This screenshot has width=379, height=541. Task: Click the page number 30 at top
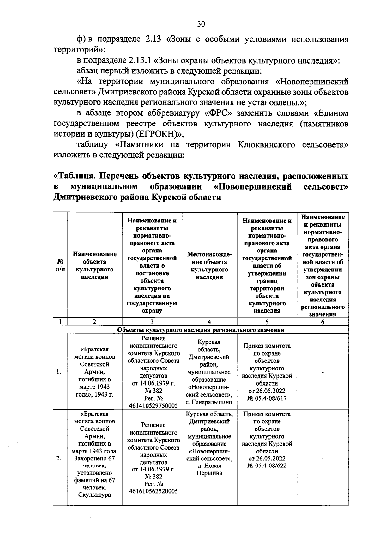coord(201,24)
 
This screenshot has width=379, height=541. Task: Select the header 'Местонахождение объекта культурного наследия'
coord(209,265)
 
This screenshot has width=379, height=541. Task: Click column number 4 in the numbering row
coord(209,322)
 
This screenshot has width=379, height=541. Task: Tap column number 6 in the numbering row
coord(322,322)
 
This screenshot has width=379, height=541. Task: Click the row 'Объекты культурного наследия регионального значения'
coord(201,330)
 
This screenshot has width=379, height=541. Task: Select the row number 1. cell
coord(59,372)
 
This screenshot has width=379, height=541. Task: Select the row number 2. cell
coord(59,459)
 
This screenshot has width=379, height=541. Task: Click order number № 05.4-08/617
coord(267,398)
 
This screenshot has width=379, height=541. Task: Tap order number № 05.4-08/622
coord(267,465)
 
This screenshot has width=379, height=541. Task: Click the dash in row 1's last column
coord(322,373)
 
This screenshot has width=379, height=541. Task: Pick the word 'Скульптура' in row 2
coord(94,495)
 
